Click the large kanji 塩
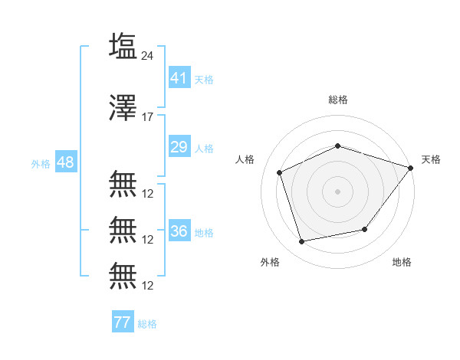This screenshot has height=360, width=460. tap(123, 45)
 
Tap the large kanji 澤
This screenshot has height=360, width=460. tap(123, 107)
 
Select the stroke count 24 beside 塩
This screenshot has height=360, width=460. tap(147, 56)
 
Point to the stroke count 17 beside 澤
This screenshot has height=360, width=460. tap(147, 117)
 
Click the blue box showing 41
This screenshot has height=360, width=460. tap(179, 77)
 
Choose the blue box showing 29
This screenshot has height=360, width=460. tap(179, 146)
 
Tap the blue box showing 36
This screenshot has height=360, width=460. tap(179, 230)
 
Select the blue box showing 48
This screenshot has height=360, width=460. tap(66, 162)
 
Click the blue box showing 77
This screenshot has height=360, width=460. tap(123, 321)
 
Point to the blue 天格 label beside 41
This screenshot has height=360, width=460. tap(204, 80)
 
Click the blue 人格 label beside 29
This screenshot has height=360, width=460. tap(204, 149)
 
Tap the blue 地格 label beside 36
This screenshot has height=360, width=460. tap(204, 233)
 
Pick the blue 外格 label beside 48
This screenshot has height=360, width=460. tap(41, 164)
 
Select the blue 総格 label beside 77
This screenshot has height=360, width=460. tap(147, 324)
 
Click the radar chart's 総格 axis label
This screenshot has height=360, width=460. tap(338, 100)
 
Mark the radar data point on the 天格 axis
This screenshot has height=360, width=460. tap(410, 168)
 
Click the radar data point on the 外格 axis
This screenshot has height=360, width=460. tap(301, 241)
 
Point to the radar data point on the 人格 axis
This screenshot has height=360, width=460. tap(279, 172)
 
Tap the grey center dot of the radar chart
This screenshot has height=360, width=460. tap(337, 191)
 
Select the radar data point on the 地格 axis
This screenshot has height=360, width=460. tap(365, 229)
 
